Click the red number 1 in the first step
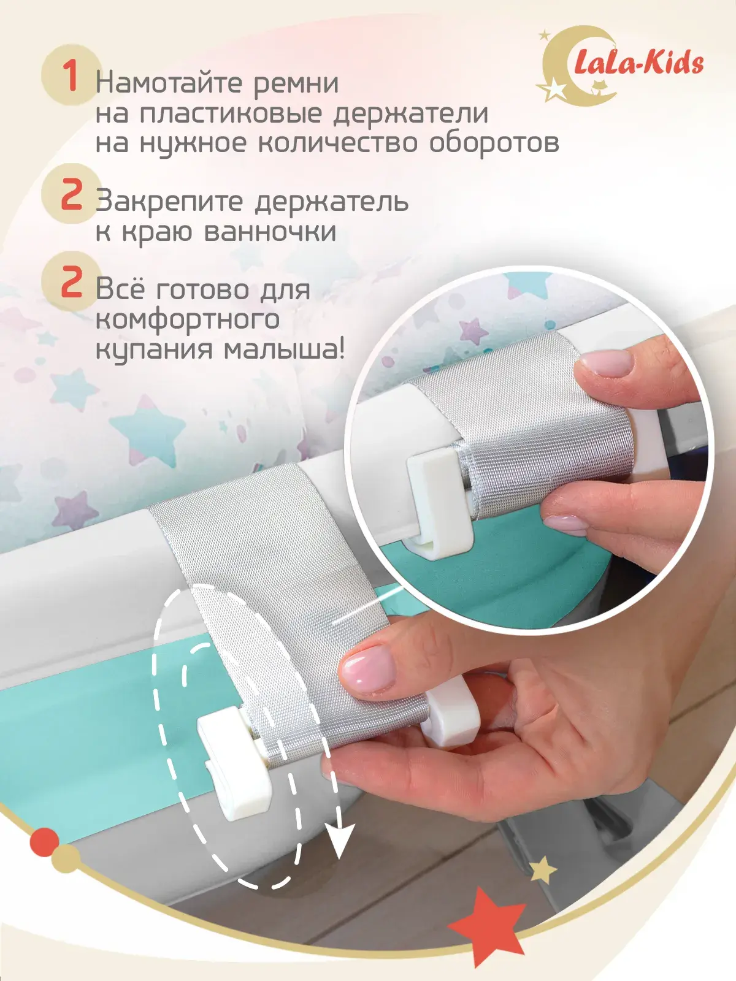pos(71,77)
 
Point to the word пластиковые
pos(231,115)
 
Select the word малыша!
pos(284,349)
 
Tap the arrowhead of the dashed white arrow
pos(340,839)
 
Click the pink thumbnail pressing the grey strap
pos(368,670)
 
